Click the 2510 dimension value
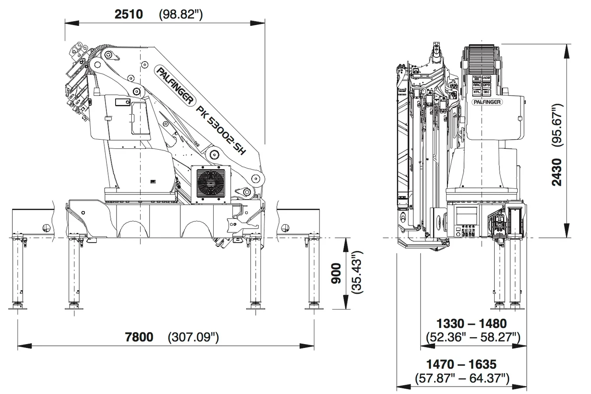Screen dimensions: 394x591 click(x=128, y=14)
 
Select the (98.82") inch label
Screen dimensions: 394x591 click(x=180, y=14)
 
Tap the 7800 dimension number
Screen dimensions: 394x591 click(x=139, y=337)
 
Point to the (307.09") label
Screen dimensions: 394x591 click(x=193, y=337)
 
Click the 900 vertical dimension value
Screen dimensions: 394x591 click(x=336, y=274)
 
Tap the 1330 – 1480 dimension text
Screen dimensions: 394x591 click(x=472, y=324)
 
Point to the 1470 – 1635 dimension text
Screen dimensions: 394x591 click(x=461, y=364)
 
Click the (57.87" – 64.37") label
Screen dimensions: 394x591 click(x=461, y=378)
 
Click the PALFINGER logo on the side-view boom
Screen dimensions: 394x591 click(x=175, y=85)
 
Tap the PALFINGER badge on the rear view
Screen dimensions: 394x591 click(x=487, y=102)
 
